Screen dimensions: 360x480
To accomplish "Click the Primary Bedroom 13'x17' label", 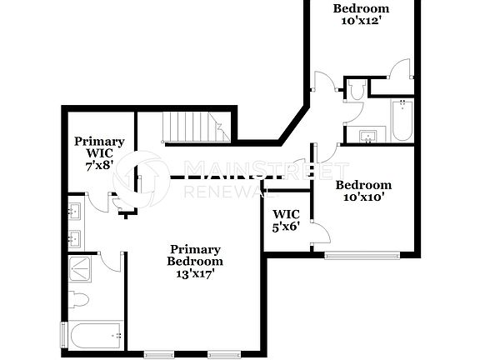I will point(196,261).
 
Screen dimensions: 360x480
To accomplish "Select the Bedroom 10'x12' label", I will point(361,14).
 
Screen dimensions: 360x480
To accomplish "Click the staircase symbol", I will point(193,127).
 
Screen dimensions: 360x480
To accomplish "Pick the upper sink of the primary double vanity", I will point(74,209).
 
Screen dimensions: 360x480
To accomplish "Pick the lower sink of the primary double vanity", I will point(74,238).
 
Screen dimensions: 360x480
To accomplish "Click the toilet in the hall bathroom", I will point(357,91).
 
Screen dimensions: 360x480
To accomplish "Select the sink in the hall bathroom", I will point(367,135).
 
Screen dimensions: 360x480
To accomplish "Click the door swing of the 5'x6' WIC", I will point(317,233).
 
